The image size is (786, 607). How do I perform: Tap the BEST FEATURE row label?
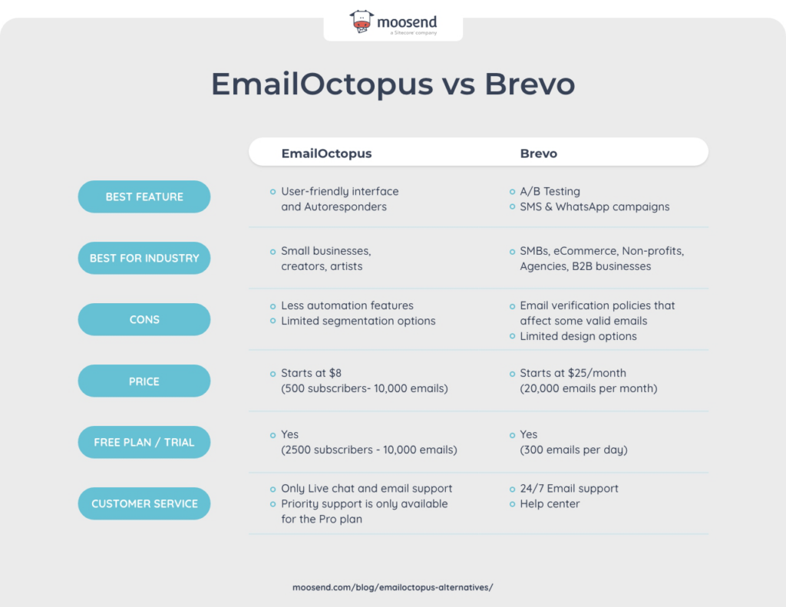[144, 197]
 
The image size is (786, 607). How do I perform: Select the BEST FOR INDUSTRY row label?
[144, 259]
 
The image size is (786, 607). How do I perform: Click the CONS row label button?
[144, 320]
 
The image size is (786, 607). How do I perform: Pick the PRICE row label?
[144, 381]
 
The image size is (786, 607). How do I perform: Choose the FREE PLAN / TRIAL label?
[144, 443]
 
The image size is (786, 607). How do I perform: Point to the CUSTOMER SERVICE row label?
[144, 504]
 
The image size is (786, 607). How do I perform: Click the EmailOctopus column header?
[326, 153]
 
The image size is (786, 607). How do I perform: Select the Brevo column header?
[539, 153]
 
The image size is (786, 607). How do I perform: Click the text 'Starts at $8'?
[311, 373]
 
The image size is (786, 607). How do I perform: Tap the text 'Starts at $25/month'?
[573, 373]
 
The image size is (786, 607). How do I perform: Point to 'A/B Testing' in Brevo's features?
[550, 191]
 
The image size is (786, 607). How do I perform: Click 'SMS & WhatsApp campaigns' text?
[594, 206]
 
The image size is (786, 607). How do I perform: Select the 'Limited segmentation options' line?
[358, 321]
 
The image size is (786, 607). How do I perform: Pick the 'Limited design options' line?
[578, 336]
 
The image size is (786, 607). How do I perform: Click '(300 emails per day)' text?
[573, 450]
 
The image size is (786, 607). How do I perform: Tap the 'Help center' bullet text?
[550, 504]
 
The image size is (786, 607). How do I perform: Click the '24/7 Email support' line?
[569, 489]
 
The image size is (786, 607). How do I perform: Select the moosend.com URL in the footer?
[392, 587]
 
